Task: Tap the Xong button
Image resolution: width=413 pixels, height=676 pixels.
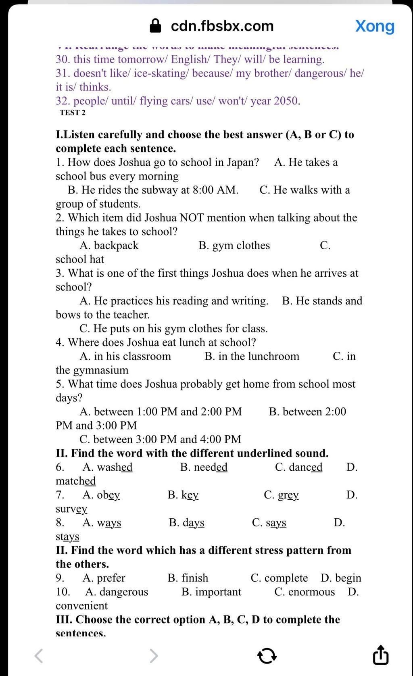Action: coord(375,26)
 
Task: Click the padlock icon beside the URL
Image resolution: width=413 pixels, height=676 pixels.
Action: coord(155,26)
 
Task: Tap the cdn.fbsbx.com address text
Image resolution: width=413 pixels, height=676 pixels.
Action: coord(222,26)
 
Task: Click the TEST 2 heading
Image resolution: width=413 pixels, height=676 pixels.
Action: coord(73,113)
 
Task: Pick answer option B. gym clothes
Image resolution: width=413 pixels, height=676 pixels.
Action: coord(234,246)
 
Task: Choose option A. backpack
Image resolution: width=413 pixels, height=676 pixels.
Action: coord(109,246)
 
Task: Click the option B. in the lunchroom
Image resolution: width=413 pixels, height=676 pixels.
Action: coord(252,357)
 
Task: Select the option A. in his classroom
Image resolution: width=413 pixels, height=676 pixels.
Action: coord(125,357)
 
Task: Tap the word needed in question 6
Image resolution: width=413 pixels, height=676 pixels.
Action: coord(211,467)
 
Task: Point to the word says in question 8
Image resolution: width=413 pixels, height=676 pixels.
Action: coord(276,523)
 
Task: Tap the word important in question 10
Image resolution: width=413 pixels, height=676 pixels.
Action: coord(218,592)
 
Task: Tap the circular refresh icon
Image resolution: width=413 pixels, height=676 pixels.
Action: coord(267,655)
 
